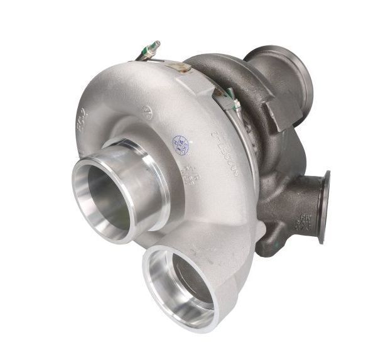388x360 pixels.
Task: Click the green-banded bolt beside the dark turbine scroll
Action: pos(227,95)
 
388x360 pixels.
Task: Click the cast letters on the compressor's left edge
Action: pos(86,129)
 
